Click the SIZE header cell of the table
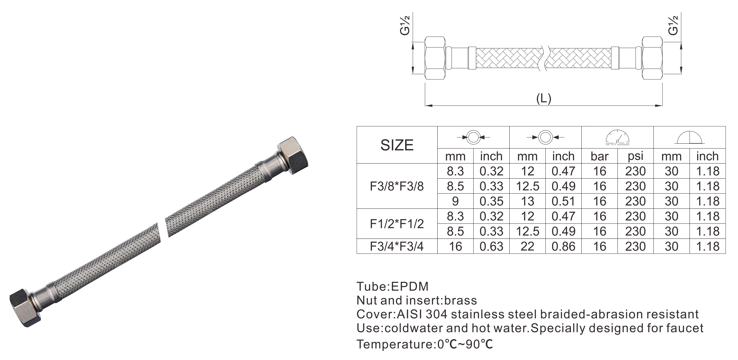(x=397, y=145)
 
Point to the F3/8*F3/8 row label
(x=397, y=186)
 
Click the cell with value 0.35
(x=491, y=201)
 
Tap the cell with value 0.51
(x=563, y=201)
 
